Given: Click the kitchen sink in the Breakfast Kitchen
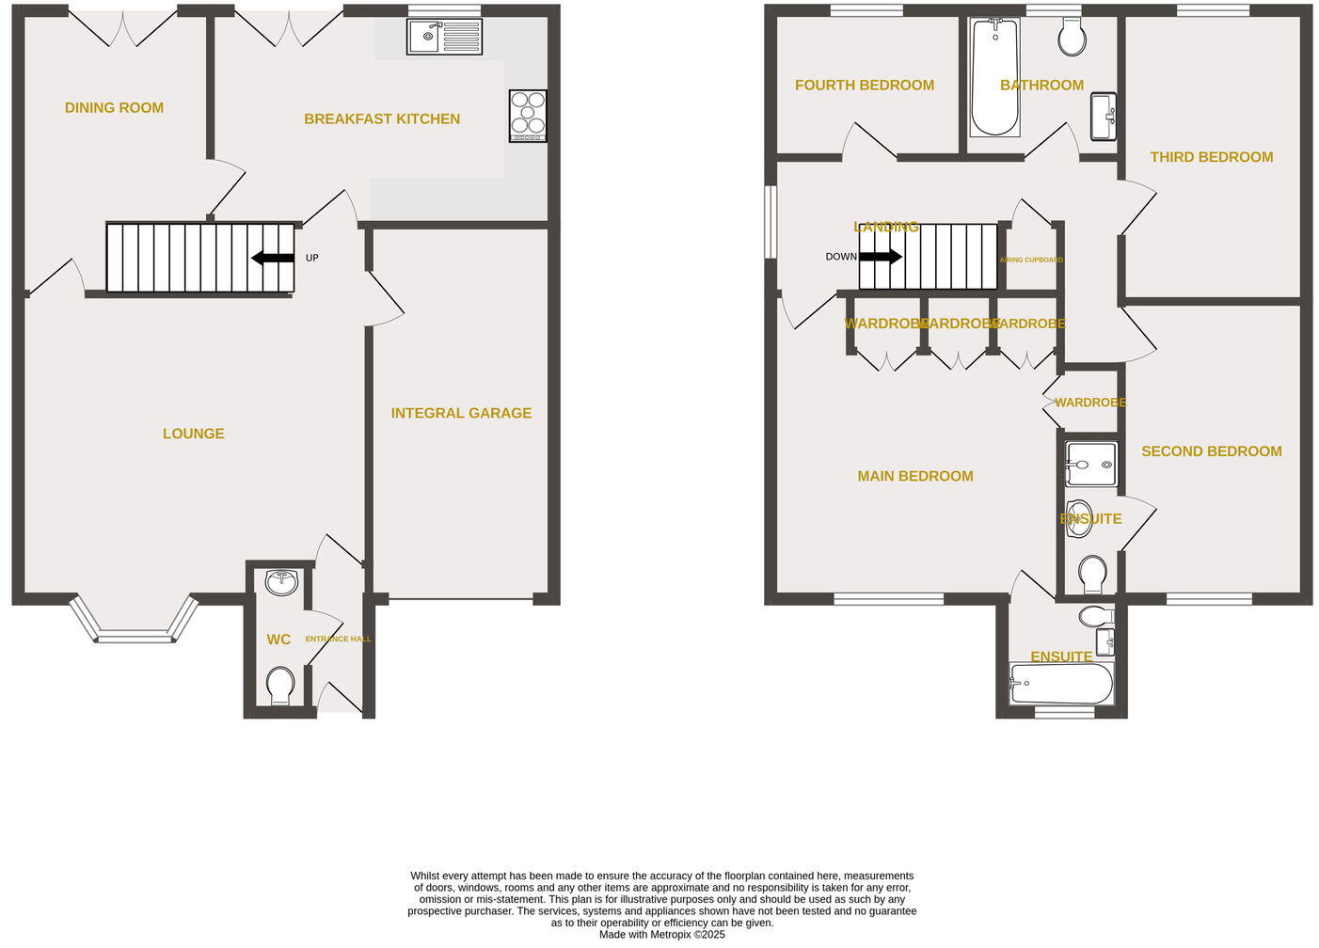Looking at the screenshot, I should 444,37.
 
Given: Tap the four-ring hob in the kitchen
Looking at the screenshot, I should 528,116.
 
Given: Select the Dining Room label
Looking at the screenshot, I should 114,108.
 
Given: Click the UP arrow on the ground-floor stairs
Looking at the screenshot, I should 273,258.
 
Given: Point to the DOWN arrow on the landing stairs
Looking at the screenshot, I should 880,257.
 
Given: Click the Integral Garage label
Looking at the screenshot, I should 461,413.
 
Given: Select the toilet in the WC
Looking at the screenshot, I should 280,686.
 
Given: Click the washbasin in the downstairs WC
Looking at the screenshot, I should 281,583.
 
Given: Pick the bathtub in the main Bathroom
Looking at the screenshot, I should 994,77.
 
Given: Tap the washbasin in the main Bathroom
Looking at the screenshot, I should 1104,116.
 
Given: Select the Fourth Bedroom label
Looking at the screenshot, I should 864,86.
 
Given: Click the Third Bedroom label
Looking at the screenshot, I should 1211,157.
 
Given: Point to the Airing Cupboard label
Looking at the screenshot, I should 1031,260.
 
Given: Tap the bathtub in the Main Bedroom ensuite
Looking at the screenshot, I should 1060,684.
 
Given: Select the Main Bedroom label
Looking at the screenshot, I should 914,476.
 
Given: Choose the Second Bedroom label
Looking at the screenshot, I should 1211,451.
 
